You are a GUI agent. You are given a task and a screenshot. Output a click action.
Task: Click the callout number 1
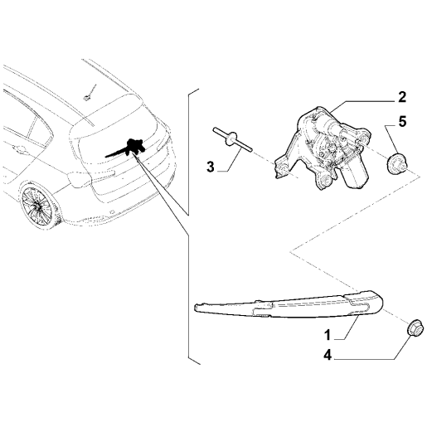coord(328,335)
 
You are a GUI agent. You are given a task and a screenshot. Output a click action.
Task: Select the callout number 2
coord(402,97)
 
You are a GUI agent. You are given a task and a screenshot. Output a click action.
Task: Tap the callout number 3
coord(211,167)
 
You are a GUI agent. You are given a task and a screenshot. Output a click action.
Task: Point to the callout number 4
coord(328,355)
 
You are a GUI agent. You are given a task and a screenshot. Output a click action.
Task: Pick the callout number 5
coord(402,122)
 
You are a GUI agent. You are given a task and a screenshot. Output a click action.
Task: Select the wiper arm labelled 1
coord(289,304)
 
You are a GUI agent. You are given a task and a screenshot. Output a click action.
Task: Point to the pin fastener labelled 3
coord(232,138)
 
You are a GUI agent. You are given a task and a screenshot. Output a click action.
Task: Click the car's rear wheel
coord(37,206)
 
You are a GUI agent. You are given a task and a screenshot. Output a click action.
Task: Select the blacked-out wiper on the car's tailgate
coord(126,148)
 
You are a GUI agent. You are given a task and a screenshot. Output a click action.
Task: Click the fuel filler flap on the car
coord(80,179)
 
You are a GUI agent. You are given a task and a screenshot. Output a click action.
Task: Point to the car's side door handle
coord(18,151)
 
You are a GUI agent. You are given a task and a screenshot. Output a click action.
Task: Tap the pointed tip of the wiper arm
coord(196,307)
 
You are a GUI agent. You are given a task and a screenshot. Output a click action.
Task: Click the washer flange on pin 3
coord(231,138)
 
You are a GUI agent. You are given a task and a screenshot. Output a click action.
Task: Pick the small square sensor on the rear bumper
coord(112,212)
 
